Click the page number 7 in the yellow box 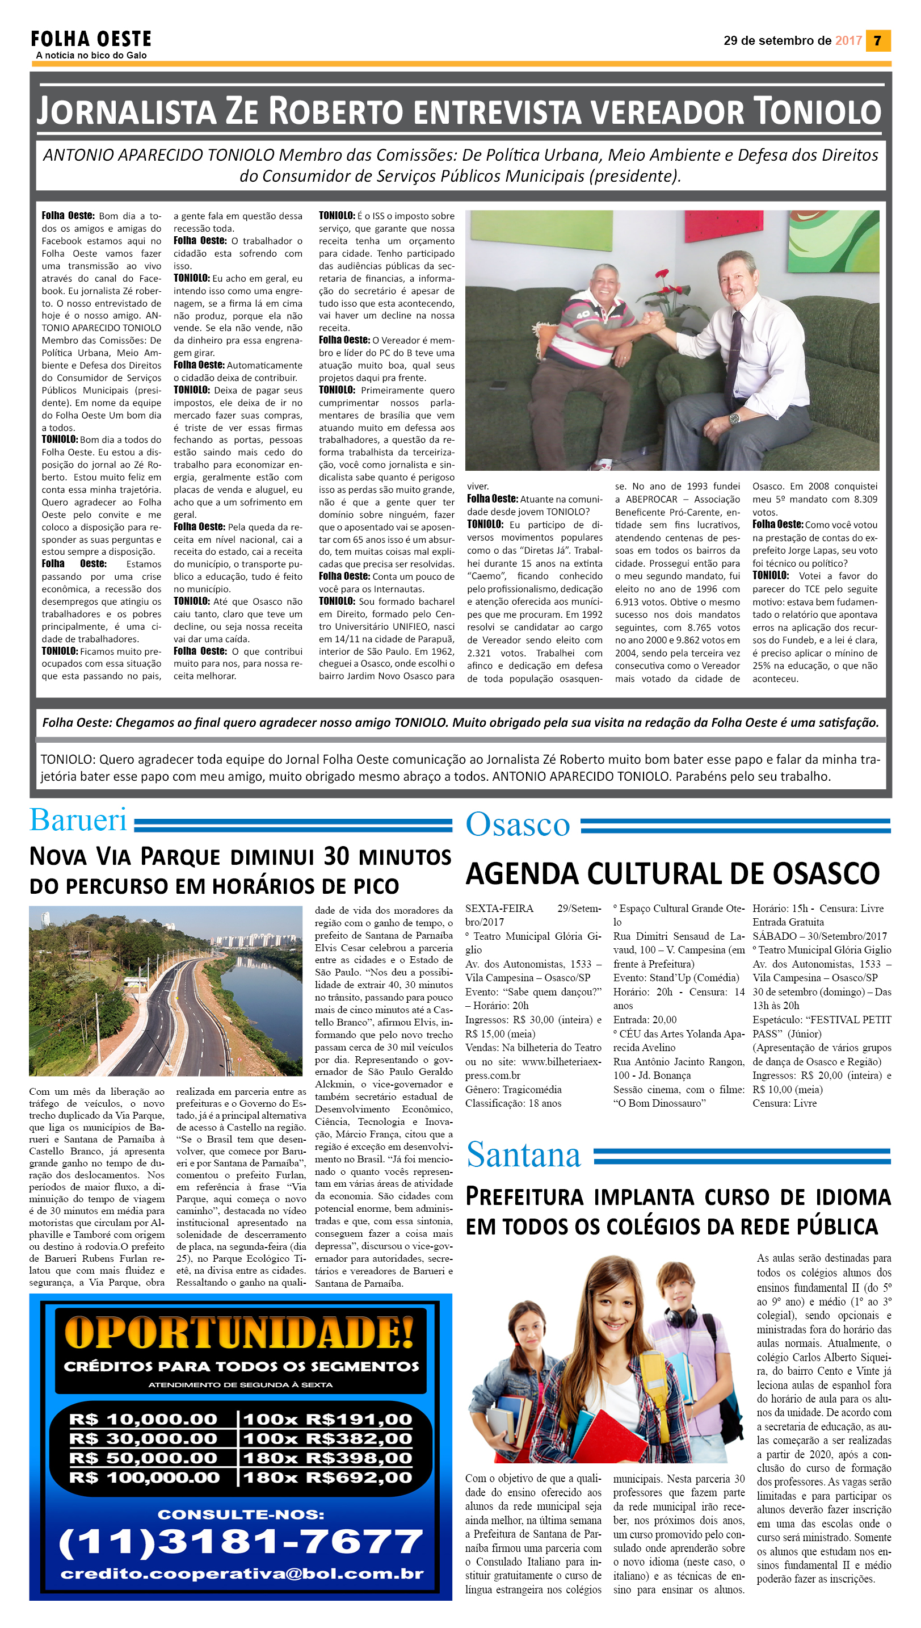(x=877, y=40)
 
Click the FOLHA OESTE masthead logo (x=91, y=39)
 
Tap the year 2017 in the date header (x=848, y=40)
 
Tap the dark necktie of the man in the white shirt (x=735, y=349)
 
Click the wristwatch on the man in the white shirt (x=734, y=418)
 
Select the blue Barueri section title (x=78, y=821)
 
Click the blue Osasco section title (x=518, y=825)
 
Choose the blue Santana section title (x=523, y=1155)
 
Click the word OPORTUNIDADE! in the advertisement (x=239, y=1332)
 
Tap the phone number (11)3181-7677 (x=241, y=1543)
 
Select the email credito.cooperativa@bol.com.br (x=242, y=1573)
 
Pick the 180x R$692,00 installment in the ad (x=327, y=1478)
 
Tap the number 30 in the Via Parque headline (x=337, y=856)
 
